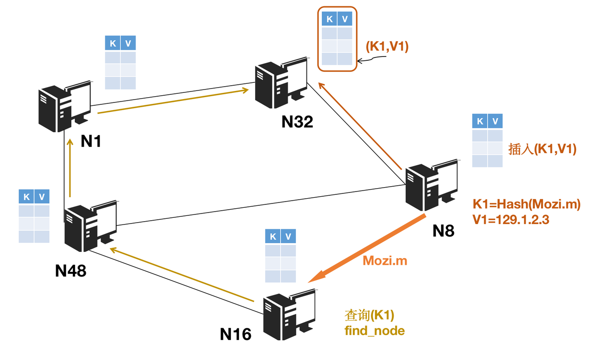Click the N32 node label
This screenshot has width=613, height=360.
pyautogui.click(x=297, y=122)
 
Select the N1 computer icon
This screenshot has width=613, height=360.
pyautogui.click(x=65, y=107)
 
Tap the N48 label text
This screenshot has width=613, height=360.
pyautogui.click(x=70, y=270)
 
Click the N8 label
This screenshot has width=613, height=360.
pyautogui.click(x=443, y=231)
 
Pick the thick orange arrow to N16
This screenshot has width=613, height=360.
pyautogui.click(x=366, y=248)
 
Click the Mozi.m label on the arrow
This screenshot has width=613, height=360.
pyautogui.click(x=385, y=261)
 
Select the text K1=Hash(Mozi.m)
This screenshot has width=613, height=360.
pyautogui.click(x=526, y=204)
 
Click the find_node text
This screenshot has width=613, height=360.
pyautogui.click(x=375, y=330)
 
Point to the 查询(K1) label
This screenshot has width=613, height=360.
pyautogui.click(x=369, y=315)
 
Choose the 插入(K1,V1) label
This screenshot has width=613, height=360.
pyautogui.click(x=542, y=149)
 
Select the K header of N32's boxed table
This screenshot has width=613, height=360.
pyautogui.click(x=329, y=19)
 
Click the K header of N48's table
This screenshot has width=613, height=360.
pyautogui.click(x=26, y=197)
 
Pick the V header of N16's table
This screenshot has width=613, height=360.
pyautogui.click(x=288, y=236)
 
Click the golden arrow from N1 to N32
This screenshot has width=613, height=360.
pyautogui.click(x=175, y=101)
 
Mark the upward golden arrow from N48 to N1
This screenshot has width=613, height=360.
pyautogui.click(x=70, y=168)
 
